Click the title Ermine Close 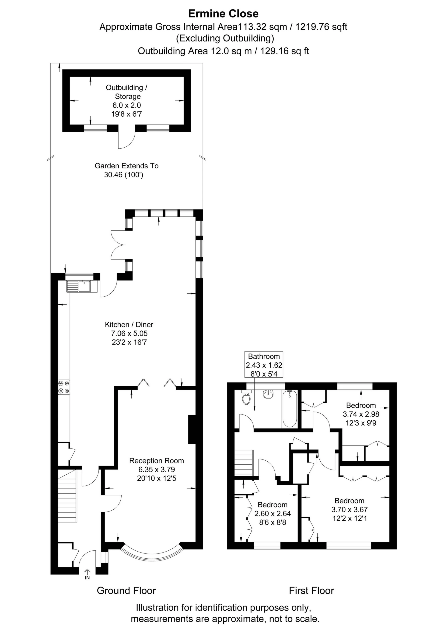(224, 14)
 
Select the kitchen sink (82, 286)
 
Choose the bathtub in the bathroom (290, 409)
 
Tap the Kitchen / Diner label (129, 324)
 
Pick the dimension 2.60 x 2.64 (273, 514)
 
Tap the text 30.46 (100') (124, 174)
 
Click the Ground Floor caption (126, 591)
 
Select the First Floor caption (311, 591)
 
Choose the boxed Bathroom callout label (264, 365)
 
